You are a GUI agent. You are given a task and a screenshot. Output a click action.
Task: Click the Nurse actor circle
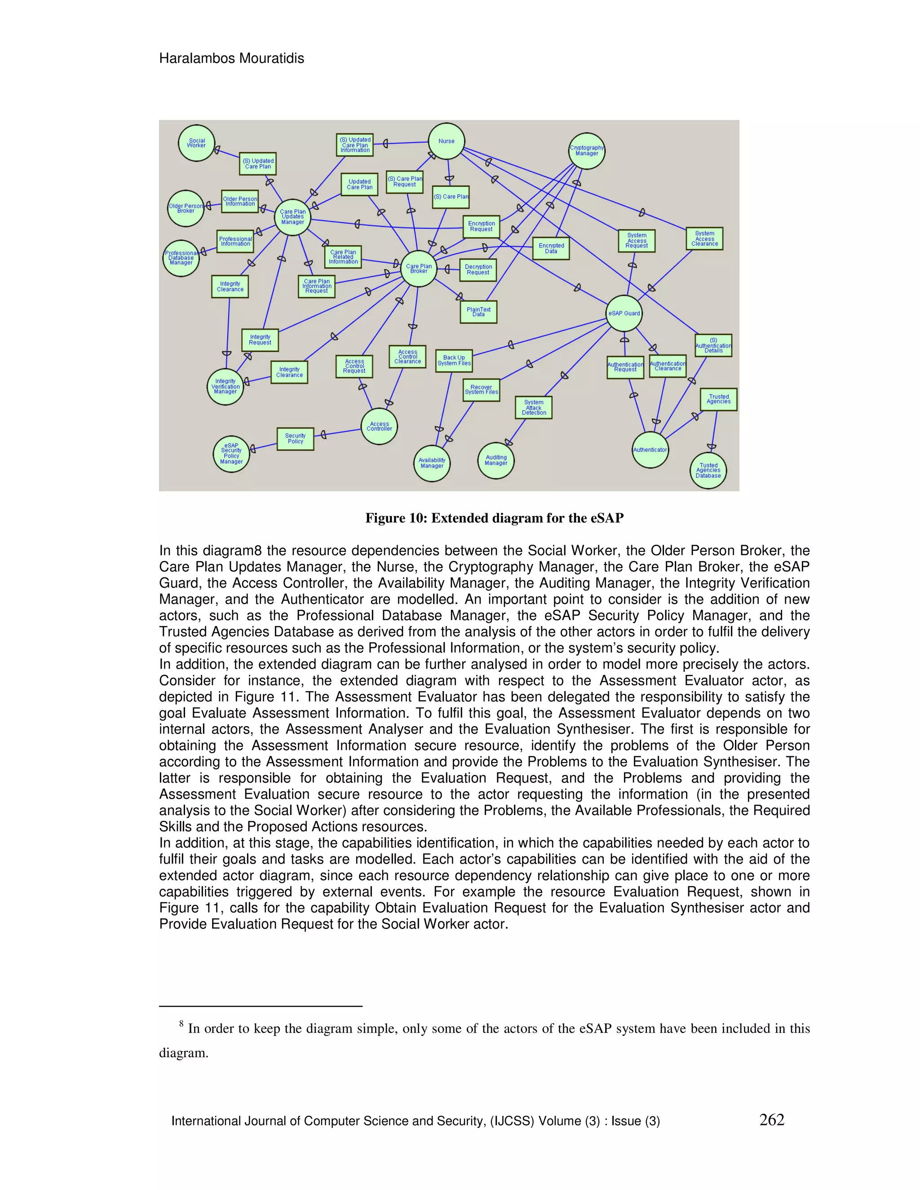point(447,141)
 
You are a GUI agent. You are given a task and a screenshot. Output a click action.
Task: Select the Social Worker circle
point(196,143)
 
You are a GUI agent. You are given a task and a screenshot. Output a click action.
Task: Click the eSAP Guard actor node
point(624,313)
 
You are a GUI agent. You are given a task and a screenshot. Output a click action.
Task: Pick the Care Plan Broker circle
point(419,269)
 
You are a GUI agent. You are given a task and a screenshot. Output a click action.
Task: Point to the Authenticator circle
point(650,450)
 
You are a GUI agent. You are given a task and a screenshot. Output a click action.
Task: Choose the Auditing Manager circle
point(496,460)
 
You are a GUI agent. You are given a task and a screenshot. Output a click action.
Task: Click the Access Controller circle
point(379,426)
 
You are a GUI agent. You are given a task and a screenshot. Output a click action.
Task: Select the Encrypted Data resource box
point(551,248)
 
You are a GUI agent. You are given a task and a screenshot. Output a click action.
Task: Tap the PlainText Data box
point(478,312)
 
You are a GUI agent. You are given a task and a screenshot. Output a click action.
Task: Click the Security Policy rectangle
point(296,439)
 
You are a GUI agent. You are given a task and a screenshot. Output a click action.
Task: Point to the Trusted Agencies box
point(718,399)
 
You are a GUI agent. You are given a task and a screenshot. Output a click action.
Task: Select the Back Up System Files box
point(454,361)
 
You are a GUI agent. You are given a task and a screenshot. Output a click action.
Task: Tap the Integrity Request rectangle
point(260,340)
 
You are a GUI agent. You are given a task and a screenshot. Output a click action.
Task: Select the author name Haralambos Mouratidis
point(232,58)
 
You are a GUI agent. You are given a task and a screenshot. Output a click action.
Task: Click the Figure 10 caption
point(494,518)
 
